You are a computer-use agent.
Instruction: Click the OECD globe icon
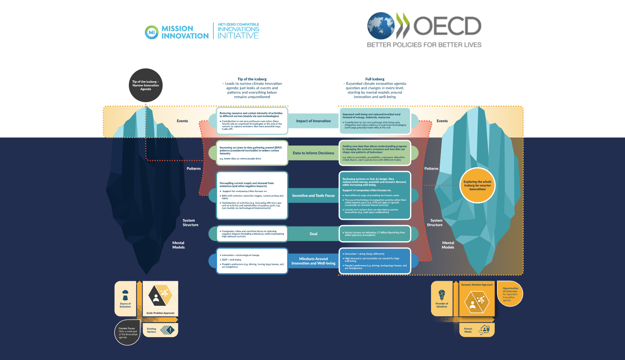click(381, 26)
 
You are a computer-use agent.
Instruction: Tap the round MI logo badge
click(152, 32)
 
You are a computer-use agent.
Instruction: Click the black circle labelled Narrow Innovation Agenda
click(146, 85)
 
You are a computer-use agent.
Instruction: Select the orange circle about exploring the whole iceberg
click(478, 186)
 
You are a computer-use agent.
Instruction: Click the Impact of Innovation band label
click(313, 121)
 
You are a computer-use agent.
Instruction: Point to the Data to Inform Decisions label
click(313, 153)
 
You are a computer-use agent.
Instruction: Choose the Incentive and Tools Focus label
click(313, 195)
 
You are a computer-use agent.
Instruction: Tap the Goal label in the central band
click(313, 234)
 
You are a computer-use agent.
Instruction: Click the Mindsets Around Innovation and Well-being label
click(313, 261)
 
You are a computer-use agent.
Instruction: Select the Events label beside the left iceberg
click(182, 121)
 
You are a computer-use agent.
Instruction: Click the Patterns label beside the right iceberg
click(431, 168)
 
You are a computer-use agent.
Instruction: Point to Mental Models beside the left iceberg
click(178, 245)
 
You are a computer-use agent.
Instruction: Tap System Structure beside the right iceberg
click(435, 222)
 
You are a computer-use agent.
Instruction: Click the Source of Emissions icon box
click(125, 299)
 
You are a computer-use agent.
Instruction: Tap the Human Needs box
click(476, 330)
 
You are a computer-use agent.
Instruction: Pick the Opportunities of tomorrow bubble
click(510, 294)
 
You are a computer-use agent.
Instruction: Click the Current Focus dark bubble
click(127, 333)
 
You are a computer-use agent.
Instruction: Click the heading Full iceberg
click(375, 79)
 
